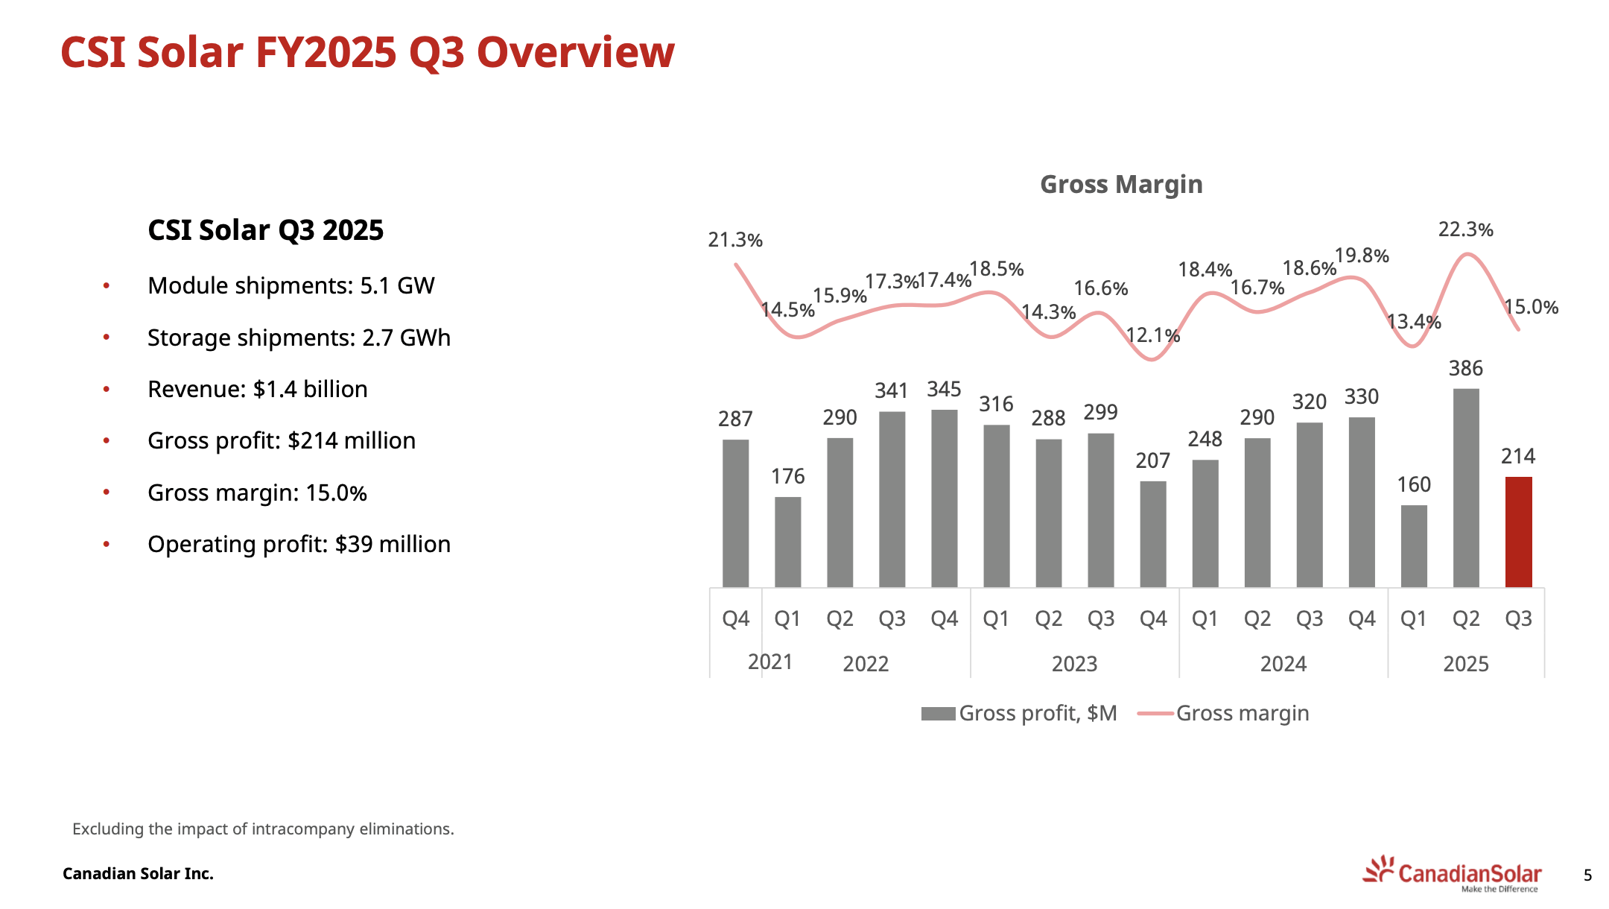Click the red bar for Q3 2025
tap(1518, 532)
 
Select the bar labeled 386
tap(1466, 488)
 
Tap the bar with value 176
tap(787, 542)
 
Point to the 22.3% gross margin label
tap(1465, 229)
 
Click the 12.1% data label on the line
tap(1152, 335)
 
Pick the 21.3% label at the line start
tap(735, 240)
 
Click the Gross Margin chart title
tap(1121, 184)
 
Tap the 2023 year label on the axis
tap(1074, 663)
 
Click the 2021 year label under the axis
tap(770, 662)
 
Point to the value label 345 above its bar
tap(944, 389)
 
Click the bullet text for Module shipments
tap(291, 285)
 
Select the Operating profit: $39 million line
tap(299, 544)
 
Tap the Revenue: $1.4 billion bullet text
tap(257, 389)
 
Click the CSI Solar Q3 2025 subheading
tap(265, 230)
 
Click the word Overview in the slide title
tap(575, 52)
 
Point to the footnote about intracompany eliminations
tap(263, 829)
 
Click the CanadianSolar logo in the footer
tap(1453, 873)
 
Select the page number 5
tap(1587, 875)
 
